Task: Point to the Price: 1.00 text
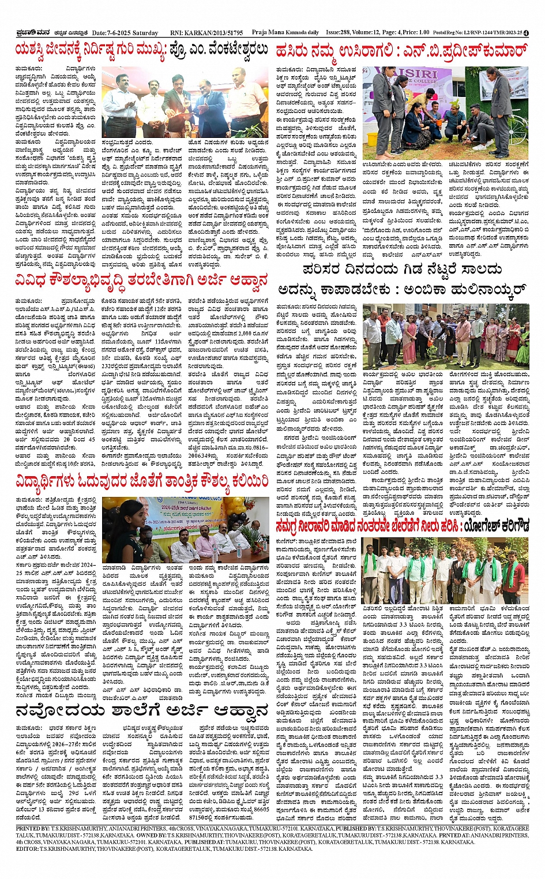pos(416,33)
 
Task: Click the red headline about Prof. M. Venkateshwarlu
pos(142,51)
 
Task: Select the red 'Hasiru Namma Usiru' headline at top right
pos(401,51)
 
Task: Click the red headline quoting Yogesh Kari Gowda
pos(402,527)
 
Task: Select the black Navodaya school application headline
pos(142,710)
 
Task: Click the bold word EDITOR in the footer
pos(27,849)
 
